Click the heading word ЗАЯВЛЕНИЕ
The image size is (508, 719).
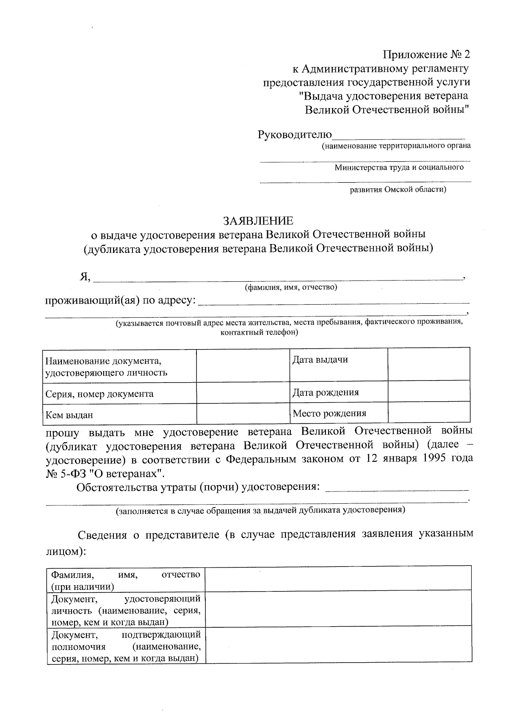click(x=258, y=221)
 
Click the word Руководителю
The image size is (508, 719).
click(x=295, y=135)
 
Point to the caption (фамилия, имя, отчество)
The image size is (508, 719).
click(x=291, y=288)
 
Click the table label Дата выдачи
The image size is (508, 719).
click(x=320, y=360)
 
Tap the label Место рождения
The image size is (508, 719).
click(x=329, y=413)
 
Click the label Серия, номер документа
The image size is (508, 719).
click(x=99, y=394)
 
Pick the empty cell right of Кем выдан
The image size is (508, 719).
click(x=243, y=414)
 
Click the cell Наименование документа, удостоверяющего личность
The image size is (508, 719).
click(x=106, y=366)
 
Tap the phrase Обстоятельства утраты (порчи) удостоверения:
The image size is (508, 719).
click(x=198, y=487)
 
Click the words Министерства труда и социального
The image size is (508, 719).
click(x=399, y=167)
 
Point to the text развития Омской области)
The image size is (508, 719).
click(x=398, y=189)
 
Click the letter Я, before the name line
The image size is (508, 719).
click(x=85, y=277)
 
